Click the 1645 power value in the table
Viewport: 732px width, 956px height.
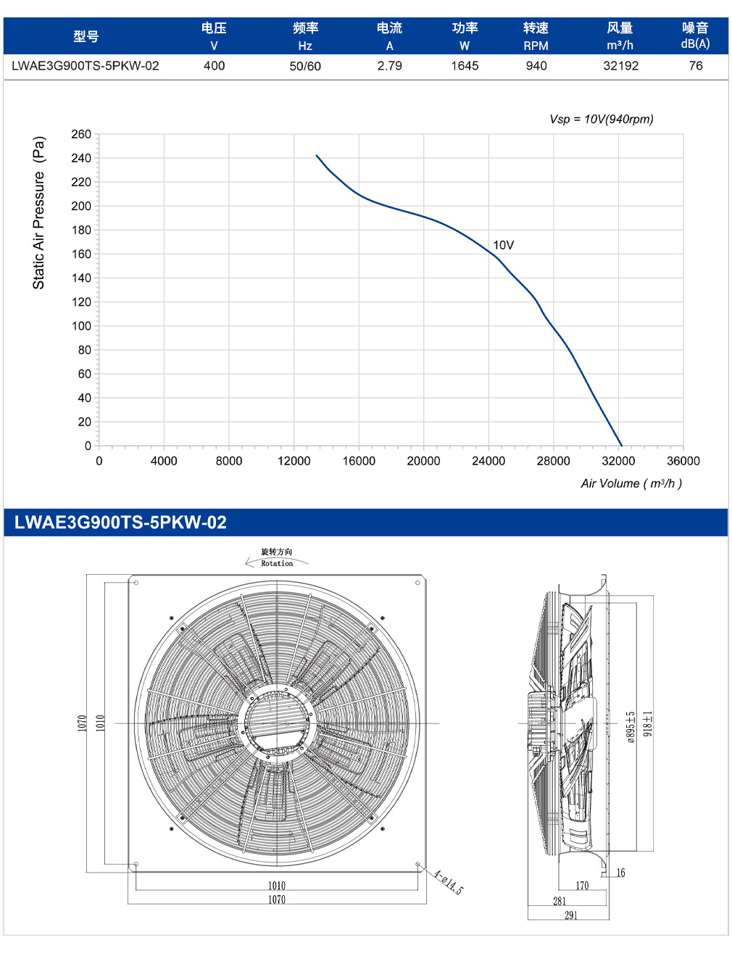465,66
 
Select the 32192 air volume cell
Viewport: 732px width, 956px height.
620,66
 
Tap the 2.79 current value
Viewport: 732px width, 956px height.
389,66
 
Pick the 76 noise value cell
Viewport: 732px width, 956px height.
696,66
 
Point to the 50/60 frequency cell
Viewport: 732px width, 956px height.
305,67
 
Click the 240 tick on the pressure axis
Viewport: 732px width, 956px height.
81,158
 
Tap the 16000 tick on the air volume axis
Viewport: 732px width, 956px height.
359,461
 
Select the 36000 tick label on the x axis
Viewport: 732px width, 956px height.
683,461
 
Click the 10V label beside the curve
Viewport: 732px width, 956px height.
503,245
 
